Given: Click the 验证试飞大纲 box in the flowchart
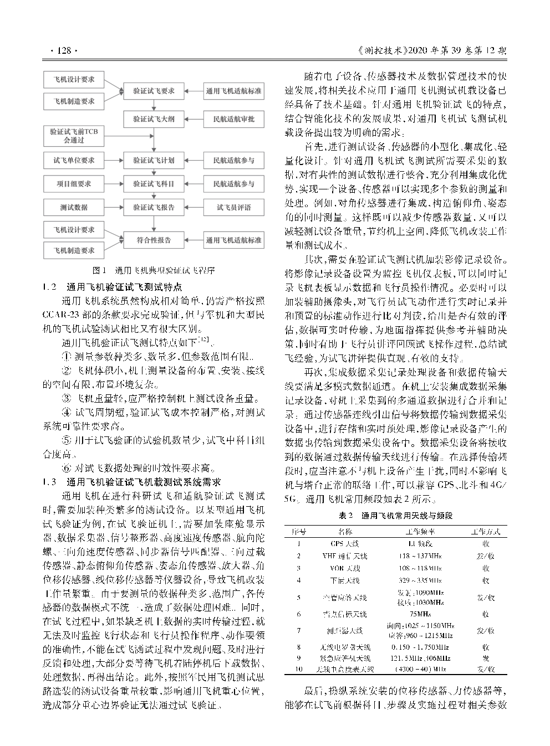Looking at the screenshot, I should pyautogui.click(x=154, y=119).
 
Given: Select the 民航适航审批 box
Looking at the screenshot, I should pyautogui.click(x=233, y=119).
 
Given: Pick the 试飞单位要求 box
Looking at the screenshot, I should pyautogui.click(x=74, y=161).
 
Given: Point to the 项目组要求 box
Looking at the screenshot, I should pyautogui.click(x=74, y=184).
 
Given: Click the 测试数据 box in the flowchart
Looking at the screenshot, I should pyautogui.click(x=74, y=208).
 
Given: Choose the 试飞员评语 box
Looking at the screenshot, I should pyautogui.click(x=233, y=208).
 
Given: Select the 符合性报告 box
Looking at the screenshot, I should pyautogui.click(x=154, y=240).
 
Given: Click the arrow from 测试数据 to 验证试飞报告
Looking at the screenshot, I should pyautogui.click(x=114, y=208).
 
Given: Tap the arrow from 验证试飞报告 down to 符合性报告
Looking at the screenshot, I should pyautogui.click(x=154, y=224).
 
